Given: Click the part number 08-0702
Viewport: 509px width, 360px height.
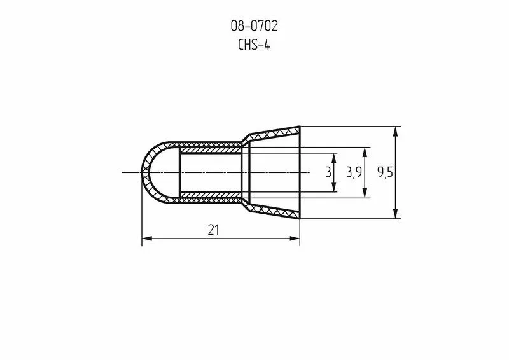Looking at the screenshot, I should [254, 26].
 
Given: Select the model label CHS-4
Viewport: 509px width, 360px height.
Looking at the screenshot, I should [254, 45].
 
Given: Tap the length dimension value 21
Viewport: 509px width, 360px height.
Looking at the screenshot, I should [213, 230].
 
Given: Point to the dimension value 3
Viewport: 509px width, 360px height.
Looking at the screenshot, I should [328, 172].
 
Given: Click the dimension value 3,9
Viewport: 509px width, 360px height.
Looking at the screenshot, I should [354, 172].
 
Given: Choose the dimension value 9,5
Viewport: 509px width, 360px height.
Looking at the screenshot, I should [385, 172].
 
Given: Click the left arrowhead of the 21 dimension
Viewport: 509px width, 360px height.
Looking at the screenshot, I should [146, 239].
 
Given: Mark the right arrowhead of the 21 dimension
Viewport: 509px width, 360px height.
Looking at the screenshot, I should [295, 239].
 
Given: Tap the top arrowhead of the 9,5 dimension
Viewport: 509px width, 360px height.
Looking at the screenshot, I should [396, 131].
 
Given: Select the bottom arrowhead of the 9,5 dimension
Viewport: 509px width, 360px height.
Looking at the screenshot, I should [396, 214].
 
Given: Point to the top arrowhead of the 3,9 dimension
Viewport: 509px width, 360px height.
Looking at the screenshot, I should [365, 152].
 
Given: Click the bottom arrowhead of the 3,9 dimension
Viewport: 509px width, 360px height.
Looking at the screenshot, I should [365, 193].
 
